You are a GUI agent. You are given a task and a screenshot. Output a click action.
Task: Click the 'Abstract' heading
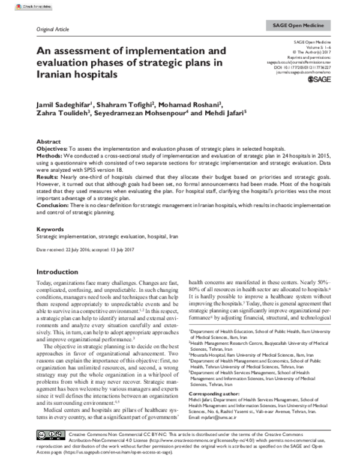(49, 140)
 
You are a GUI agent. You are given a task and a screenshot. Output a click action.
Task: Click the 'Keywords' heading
(50, 229)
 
